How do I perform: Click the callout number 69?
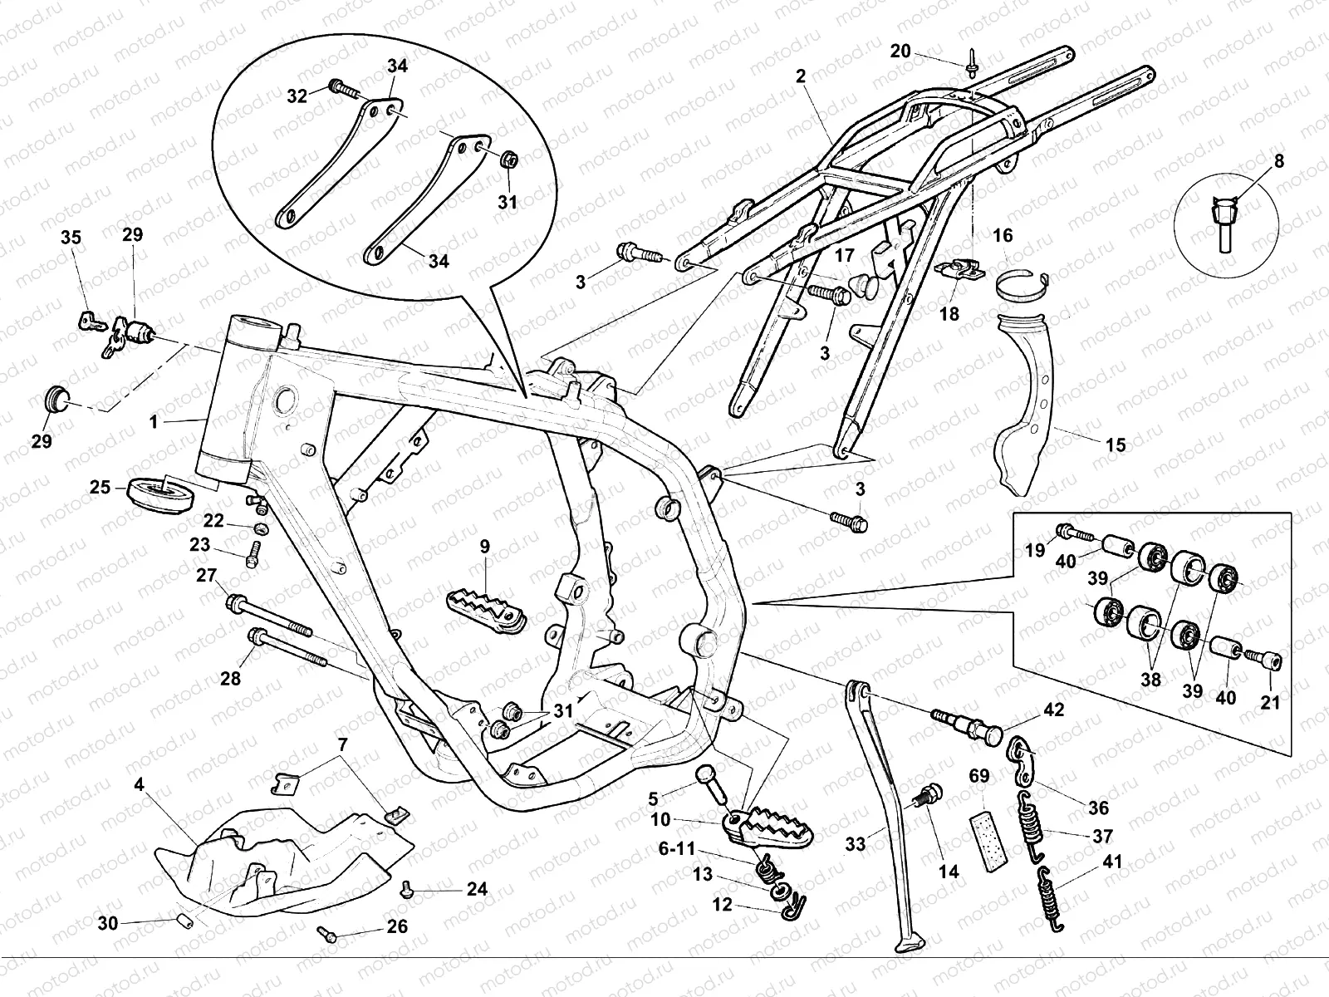point(979,777)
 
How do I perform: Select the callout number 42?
point(1054,710)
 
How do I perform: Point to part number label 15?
point(1116,444)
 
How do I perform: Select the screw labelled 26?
point(328,936)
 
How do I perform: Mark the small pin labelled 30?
point(184,920)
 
